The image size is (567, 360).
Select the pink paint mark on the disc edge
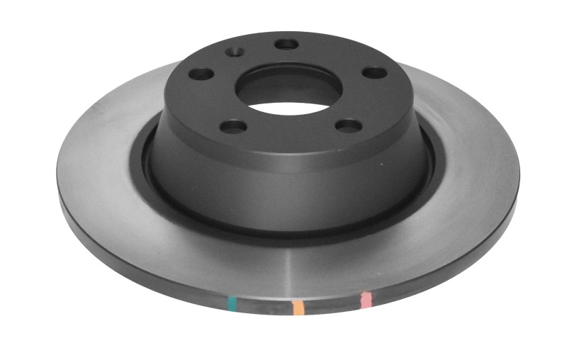click(366, 300)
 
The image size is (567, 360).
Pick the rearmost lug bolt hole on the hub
click(287, 44)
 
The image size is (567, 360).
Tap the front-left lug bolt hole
click(233, 127)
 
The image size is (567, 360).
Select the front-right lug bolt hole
click(348, 125)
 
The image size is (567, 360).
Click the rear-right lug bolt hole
click(374, 72)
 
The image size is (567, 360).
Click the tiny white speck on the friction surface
click(383, 165)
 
